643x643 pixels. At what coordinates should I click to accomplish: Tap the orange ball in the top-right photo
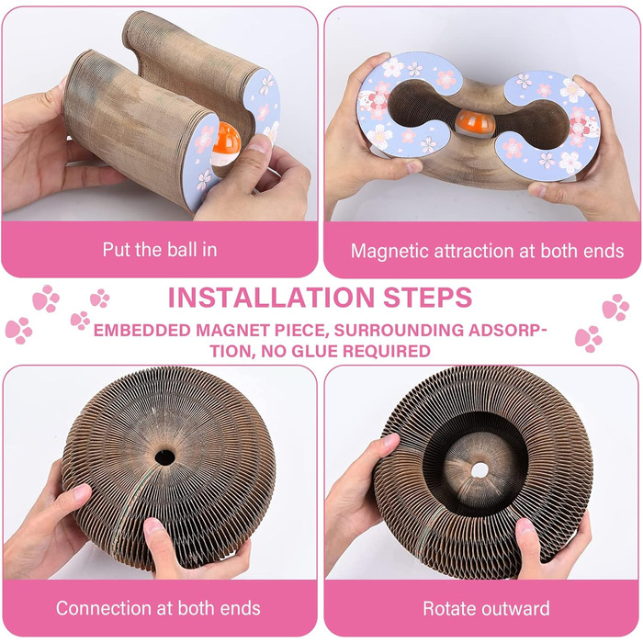point(476,122)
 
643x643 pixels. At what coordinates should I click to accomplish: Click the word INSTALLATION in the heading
point(271,298)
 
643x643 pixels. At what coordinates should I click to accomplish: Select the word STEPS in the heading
point(427,298)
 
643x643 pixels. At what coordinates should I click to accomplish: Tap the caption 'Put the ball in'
point(160,250)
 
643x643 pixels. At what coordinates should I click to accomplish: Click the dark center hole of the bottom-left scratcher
point(164,457)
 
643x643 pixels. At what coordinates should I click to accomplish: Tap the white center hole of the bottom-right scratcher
point(479,470)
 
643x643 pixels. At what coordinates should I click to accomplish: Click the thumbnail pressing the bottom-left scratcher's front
point(153,525)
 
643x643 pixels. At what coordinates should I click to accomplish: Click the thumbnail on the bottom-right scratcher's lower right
point(524,526)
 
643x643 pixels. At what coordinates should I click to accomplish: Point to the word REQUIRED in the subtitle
point(387,352)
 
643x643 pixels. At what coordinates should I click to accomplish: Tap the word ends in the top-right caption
point(604,251)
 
